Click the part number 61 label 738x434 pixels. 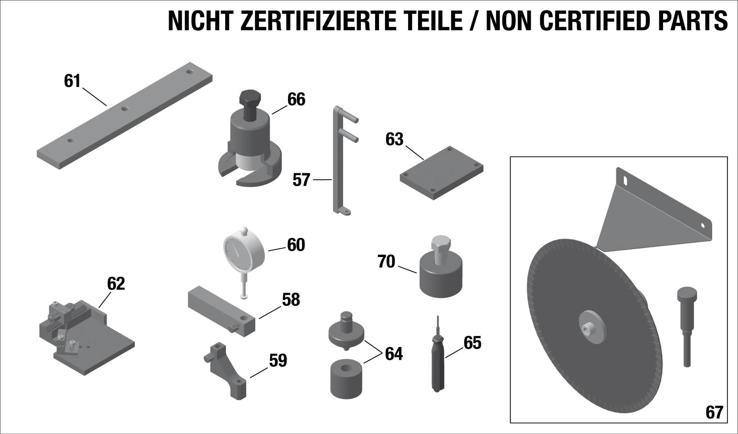click(x=72, y=81)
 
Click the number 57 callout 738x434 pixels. click(x=301, y=180)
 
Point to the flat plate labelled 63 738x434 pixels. click(x=442, y=173)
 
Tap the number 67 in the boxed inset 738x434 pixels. click(x=714, y=412)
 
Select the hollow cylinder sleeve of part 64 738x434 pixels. click(x=347, y=379)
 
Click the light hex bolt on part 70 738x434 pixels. click(x=440, y=249)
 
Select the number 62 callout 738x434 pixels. click(x=116, y=284)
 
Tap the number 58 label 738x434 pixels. click(x=291, y=300)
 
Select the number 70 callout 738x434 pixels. click(x=386, y=262)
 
